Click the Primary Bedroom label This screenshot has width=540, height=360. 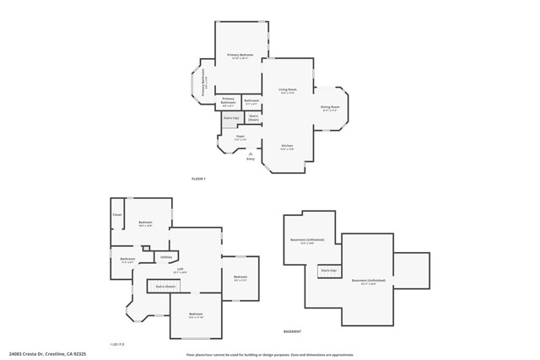point(240,56)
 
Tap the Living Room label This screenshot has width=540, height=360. point(288,90)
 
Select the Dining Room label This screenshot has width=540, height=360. point(330,108)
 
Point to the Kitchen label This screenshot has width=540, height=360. point(287,147)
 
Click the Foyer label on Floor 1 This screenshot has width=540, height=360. point(240,137)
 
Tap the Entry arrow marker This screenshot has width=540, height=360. point(251,153)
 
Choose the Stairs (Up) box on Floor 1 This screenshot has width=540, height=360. point(230,118)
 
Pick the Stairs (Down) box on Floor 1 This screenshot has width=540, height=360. point(252,117)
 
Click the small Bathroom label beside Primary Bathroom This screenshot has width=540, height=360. point(251,102)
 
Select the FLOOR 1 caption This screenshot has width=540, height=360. point(198,179)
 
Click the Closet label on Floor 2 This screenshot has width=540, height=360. point(117,215)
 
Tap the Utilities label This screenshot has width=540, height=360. point(166,257)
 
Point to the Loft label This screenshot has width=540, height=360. point(180,271)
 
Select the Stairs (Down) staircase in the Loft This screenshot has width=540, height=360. point(165,287)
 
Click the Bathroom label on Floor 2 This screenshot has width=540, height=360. point(127,260)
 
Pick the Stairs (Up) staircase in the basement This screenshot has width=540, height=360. point(328,271)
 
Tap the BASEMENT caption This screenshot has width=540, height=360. point(293,331)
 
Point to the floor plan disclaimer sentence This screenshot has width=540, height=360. point(270,355)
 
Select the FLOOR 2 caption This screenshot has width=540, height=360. point(117,344)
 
